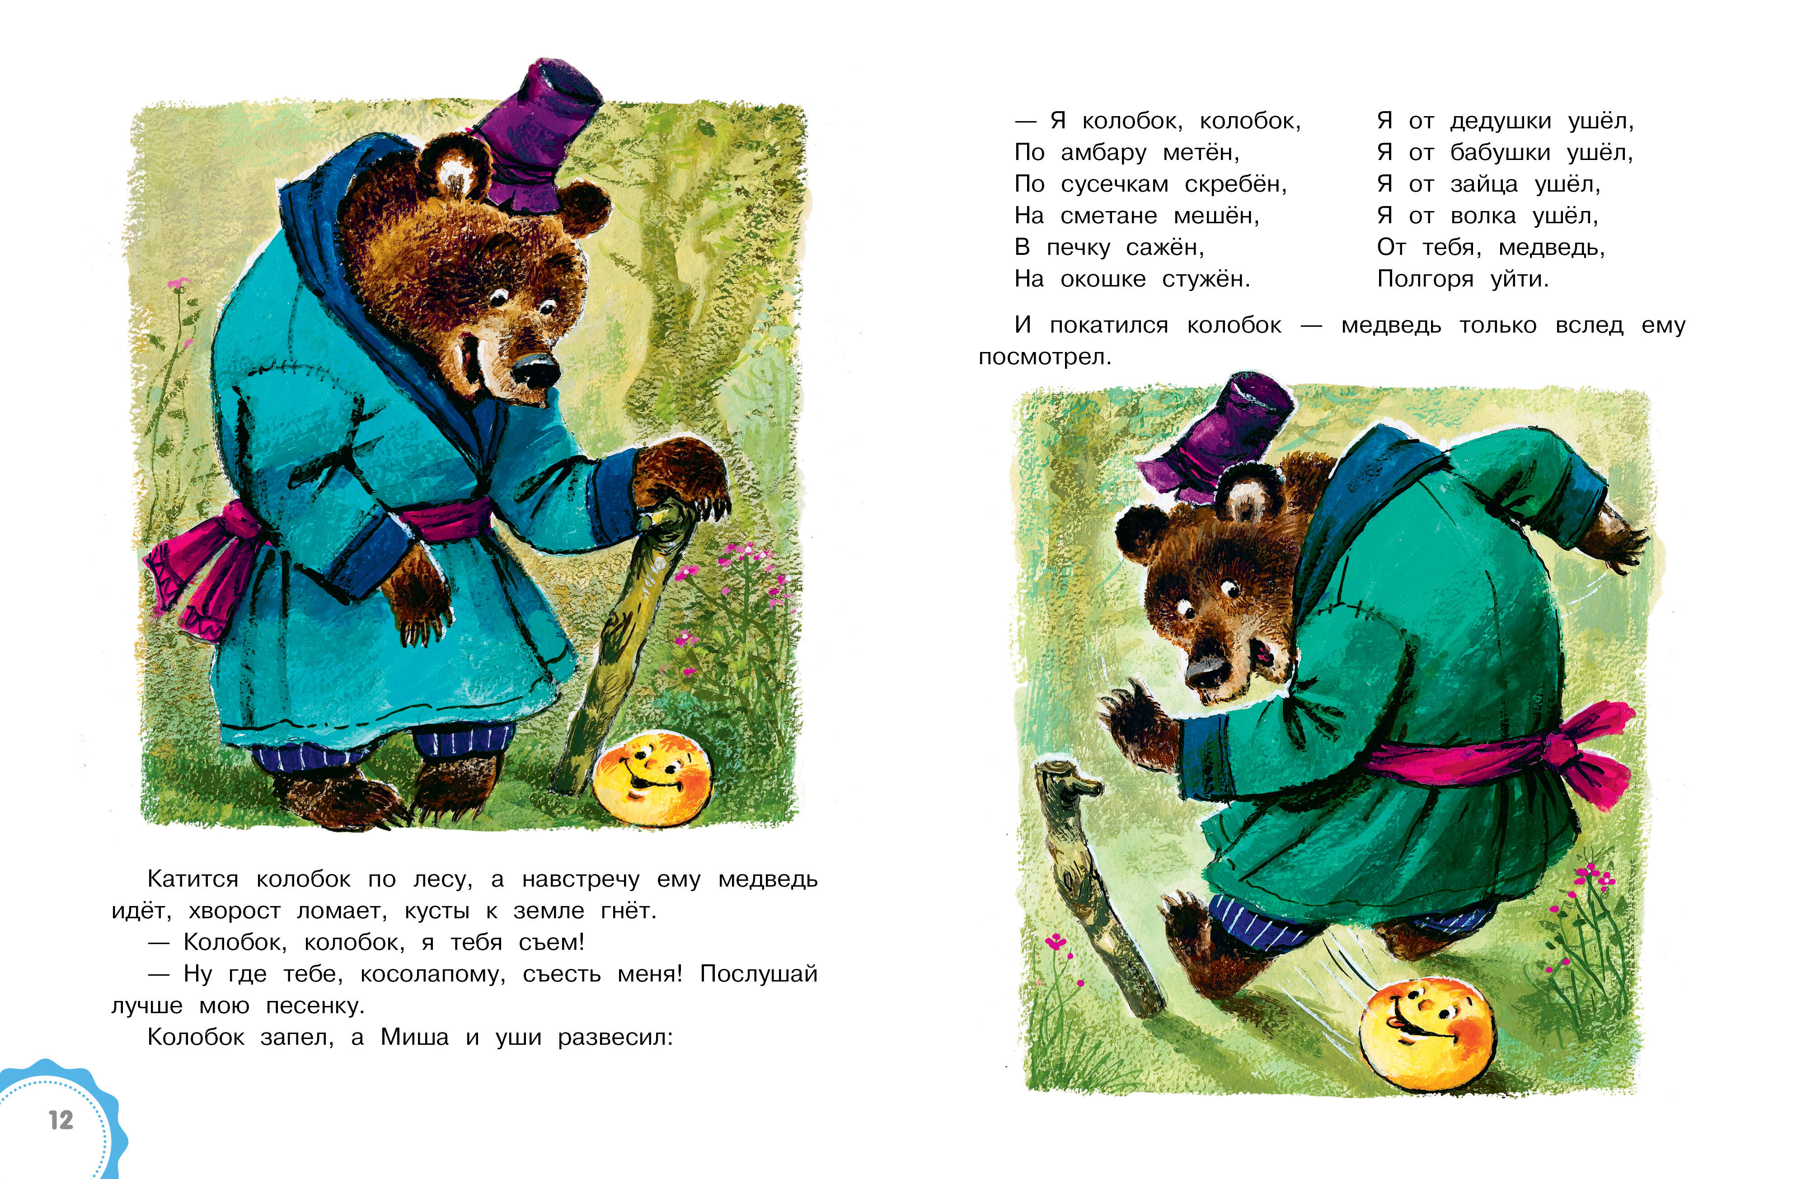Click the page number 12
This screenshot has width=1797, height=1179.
click(61, 1119)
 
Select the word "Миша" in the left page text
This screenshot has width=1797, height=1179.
click(414, 1037)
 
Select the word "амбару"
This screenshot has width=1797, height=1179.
click(1103, 153)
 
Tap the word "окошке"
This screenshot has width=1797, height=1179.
click(1103, 279)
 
